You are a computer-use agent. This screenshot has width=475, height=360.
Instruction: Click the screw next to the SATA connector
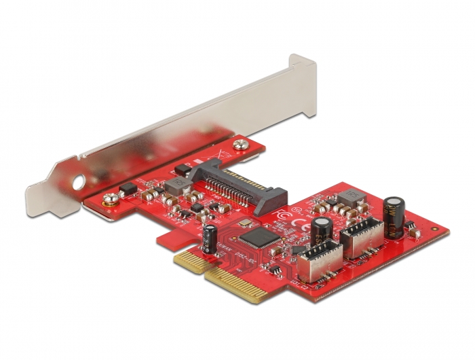tap(240, 144)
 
